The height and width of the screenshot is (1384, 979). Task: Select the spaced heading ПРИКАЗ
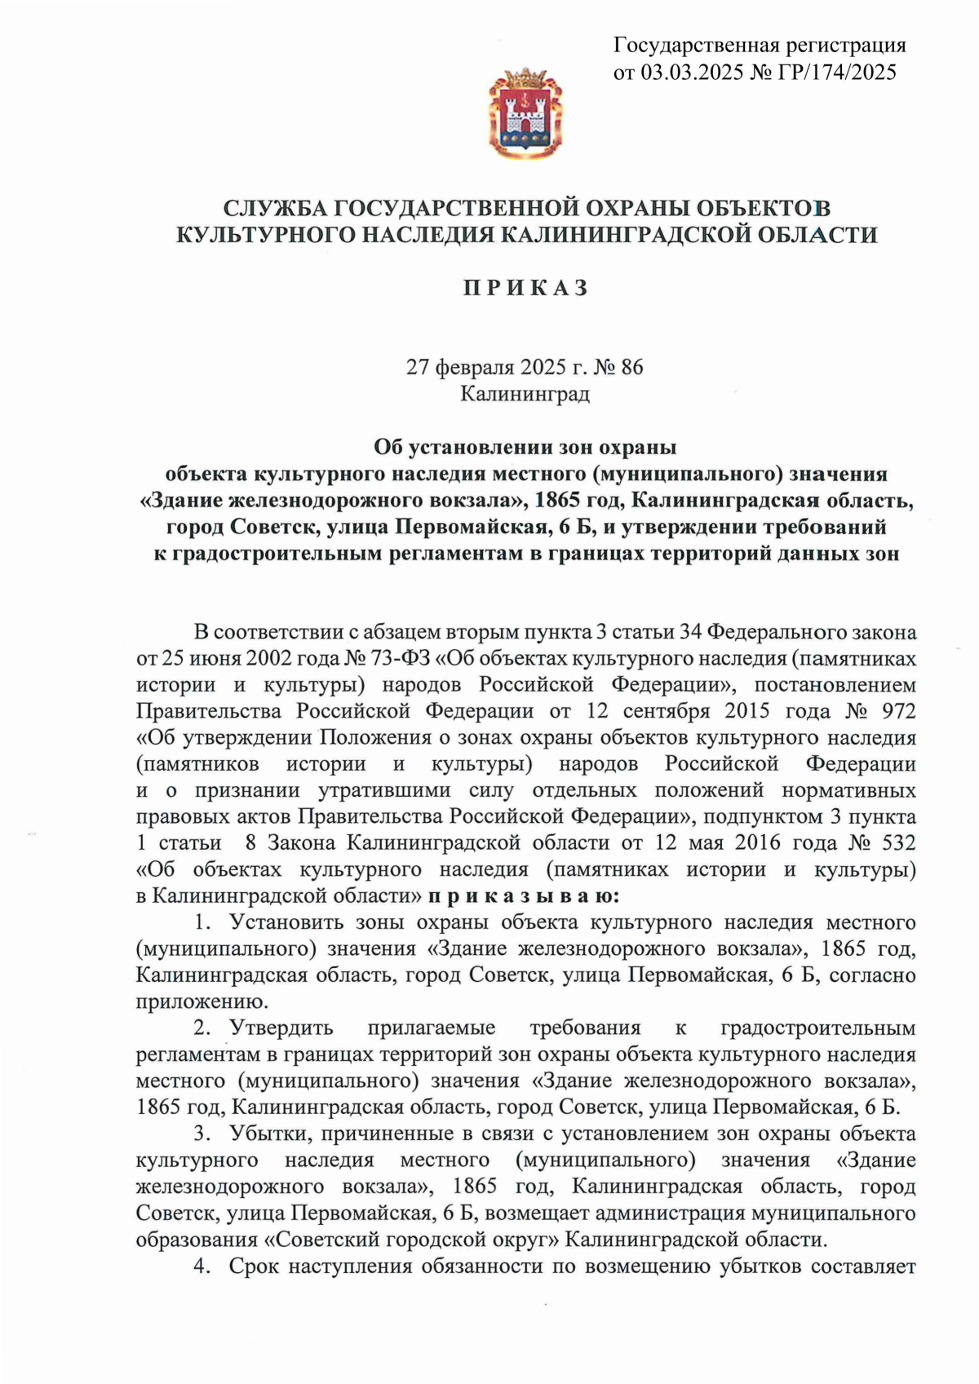[526, 288]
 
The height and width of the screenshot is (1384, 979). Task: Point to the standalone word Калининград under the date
[525, 394]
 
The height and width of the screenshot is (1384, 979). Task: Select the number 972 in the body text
[898, 711]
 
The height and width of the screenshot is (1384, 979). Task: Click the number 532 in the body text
[898, 842]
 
